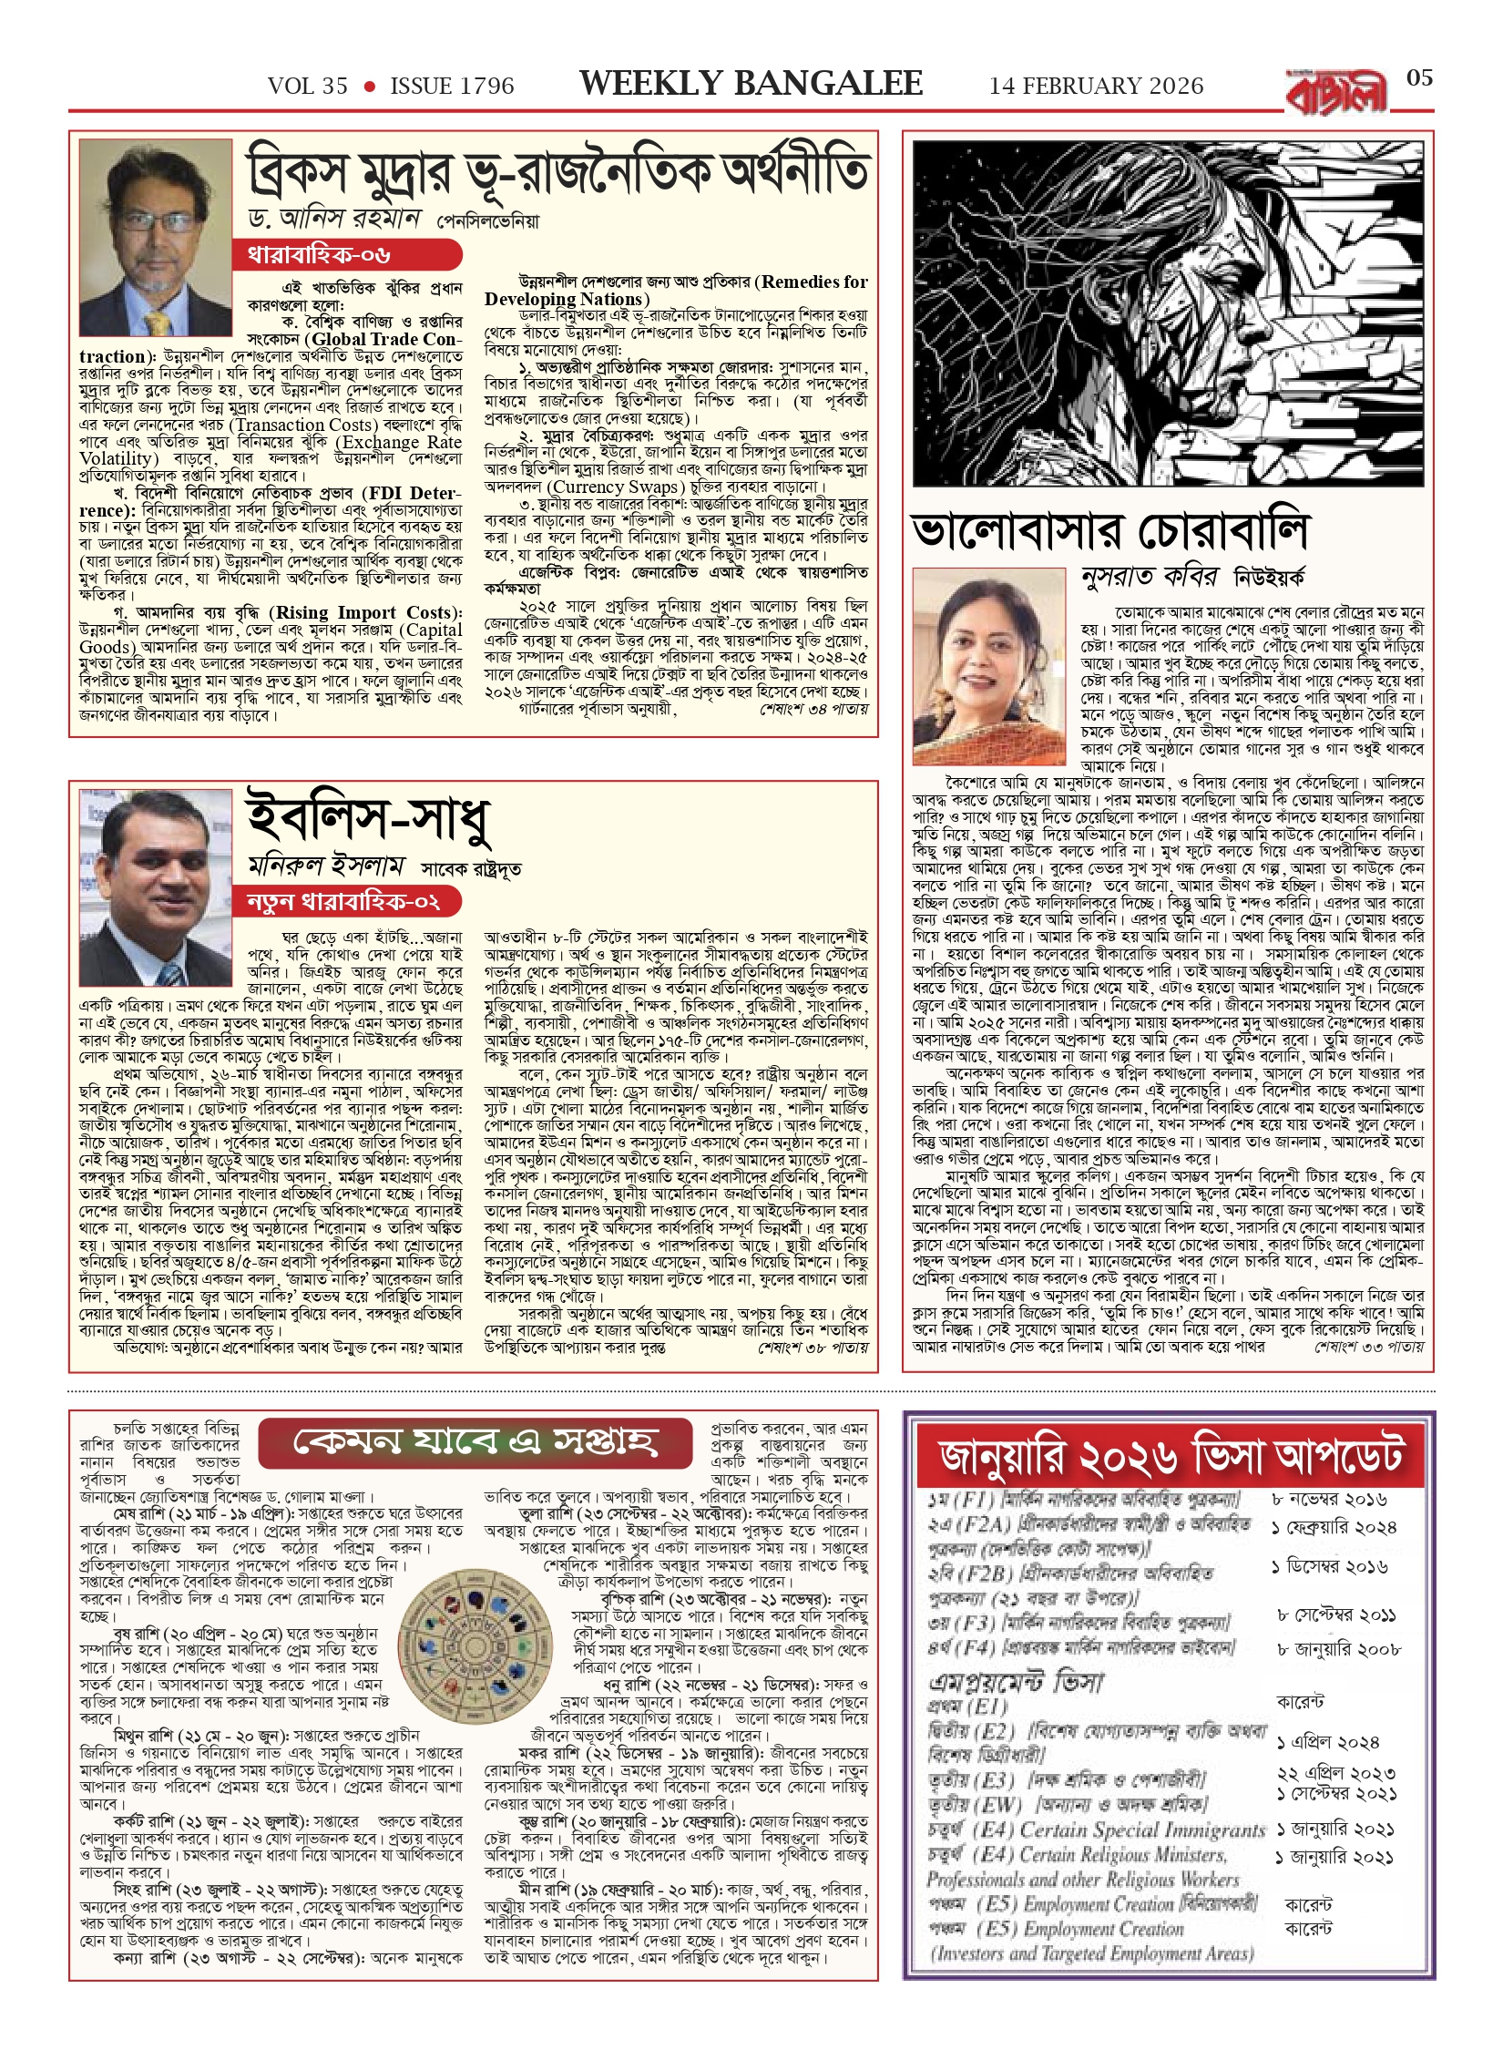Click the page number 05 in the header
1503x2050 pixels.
(1419, 78)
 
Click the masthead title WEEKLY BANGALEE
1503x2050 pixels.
(751, 84)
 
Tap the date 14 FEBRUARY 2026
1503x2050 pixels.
(1096, 87)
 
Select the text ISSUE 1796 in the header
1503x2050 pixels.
(452, 87)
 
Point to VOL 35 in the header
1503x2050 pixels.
(308, 87)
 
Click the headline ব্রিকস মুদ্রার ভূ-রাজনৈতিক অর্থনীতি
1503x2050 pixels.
(557, 173)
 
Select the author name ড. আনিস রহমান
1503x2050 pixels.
(333, 219)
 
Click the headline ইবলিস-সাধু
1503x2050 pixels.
(369, 819)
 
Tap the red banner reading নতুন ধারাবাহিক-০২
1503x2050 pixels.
(346, 902)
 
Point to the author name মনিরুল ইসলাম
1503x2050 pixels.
(326, 866)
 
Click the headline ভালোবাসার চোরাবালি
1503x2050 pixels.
(1109, 531)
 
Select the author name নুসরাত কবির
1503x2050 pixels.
(1149, 578)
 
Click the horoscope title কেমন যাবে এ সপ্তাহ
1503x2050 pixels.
(475, 1442)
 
